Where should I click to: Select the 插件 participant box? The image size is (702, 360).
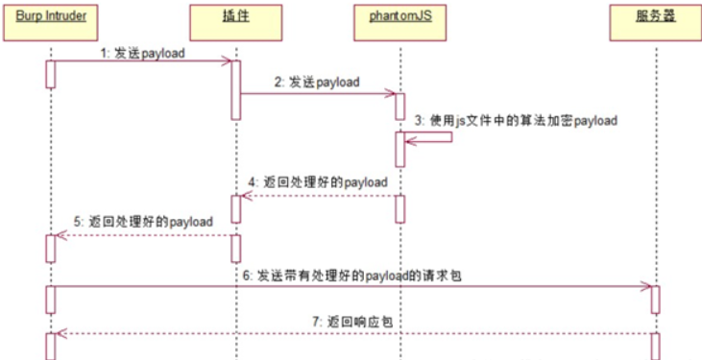click(234, 20)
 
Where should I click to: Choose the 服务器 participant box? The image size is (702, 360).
click(654, 20)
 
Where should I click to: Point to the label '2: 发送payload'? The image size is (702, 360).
click(316, 83)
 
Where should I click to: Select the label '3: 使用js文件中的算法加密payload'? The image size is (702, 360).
click(516, 121)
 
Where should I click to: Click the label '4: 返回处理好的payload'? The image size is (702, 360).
click(317, 181)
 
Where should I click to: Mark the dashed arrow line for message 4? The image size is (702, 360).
click(317, 196)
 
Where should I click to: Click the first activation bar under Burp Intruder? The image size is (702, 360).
click(49, 74)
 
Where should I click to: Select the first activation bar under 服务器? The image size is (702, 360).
click(655, 298)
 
